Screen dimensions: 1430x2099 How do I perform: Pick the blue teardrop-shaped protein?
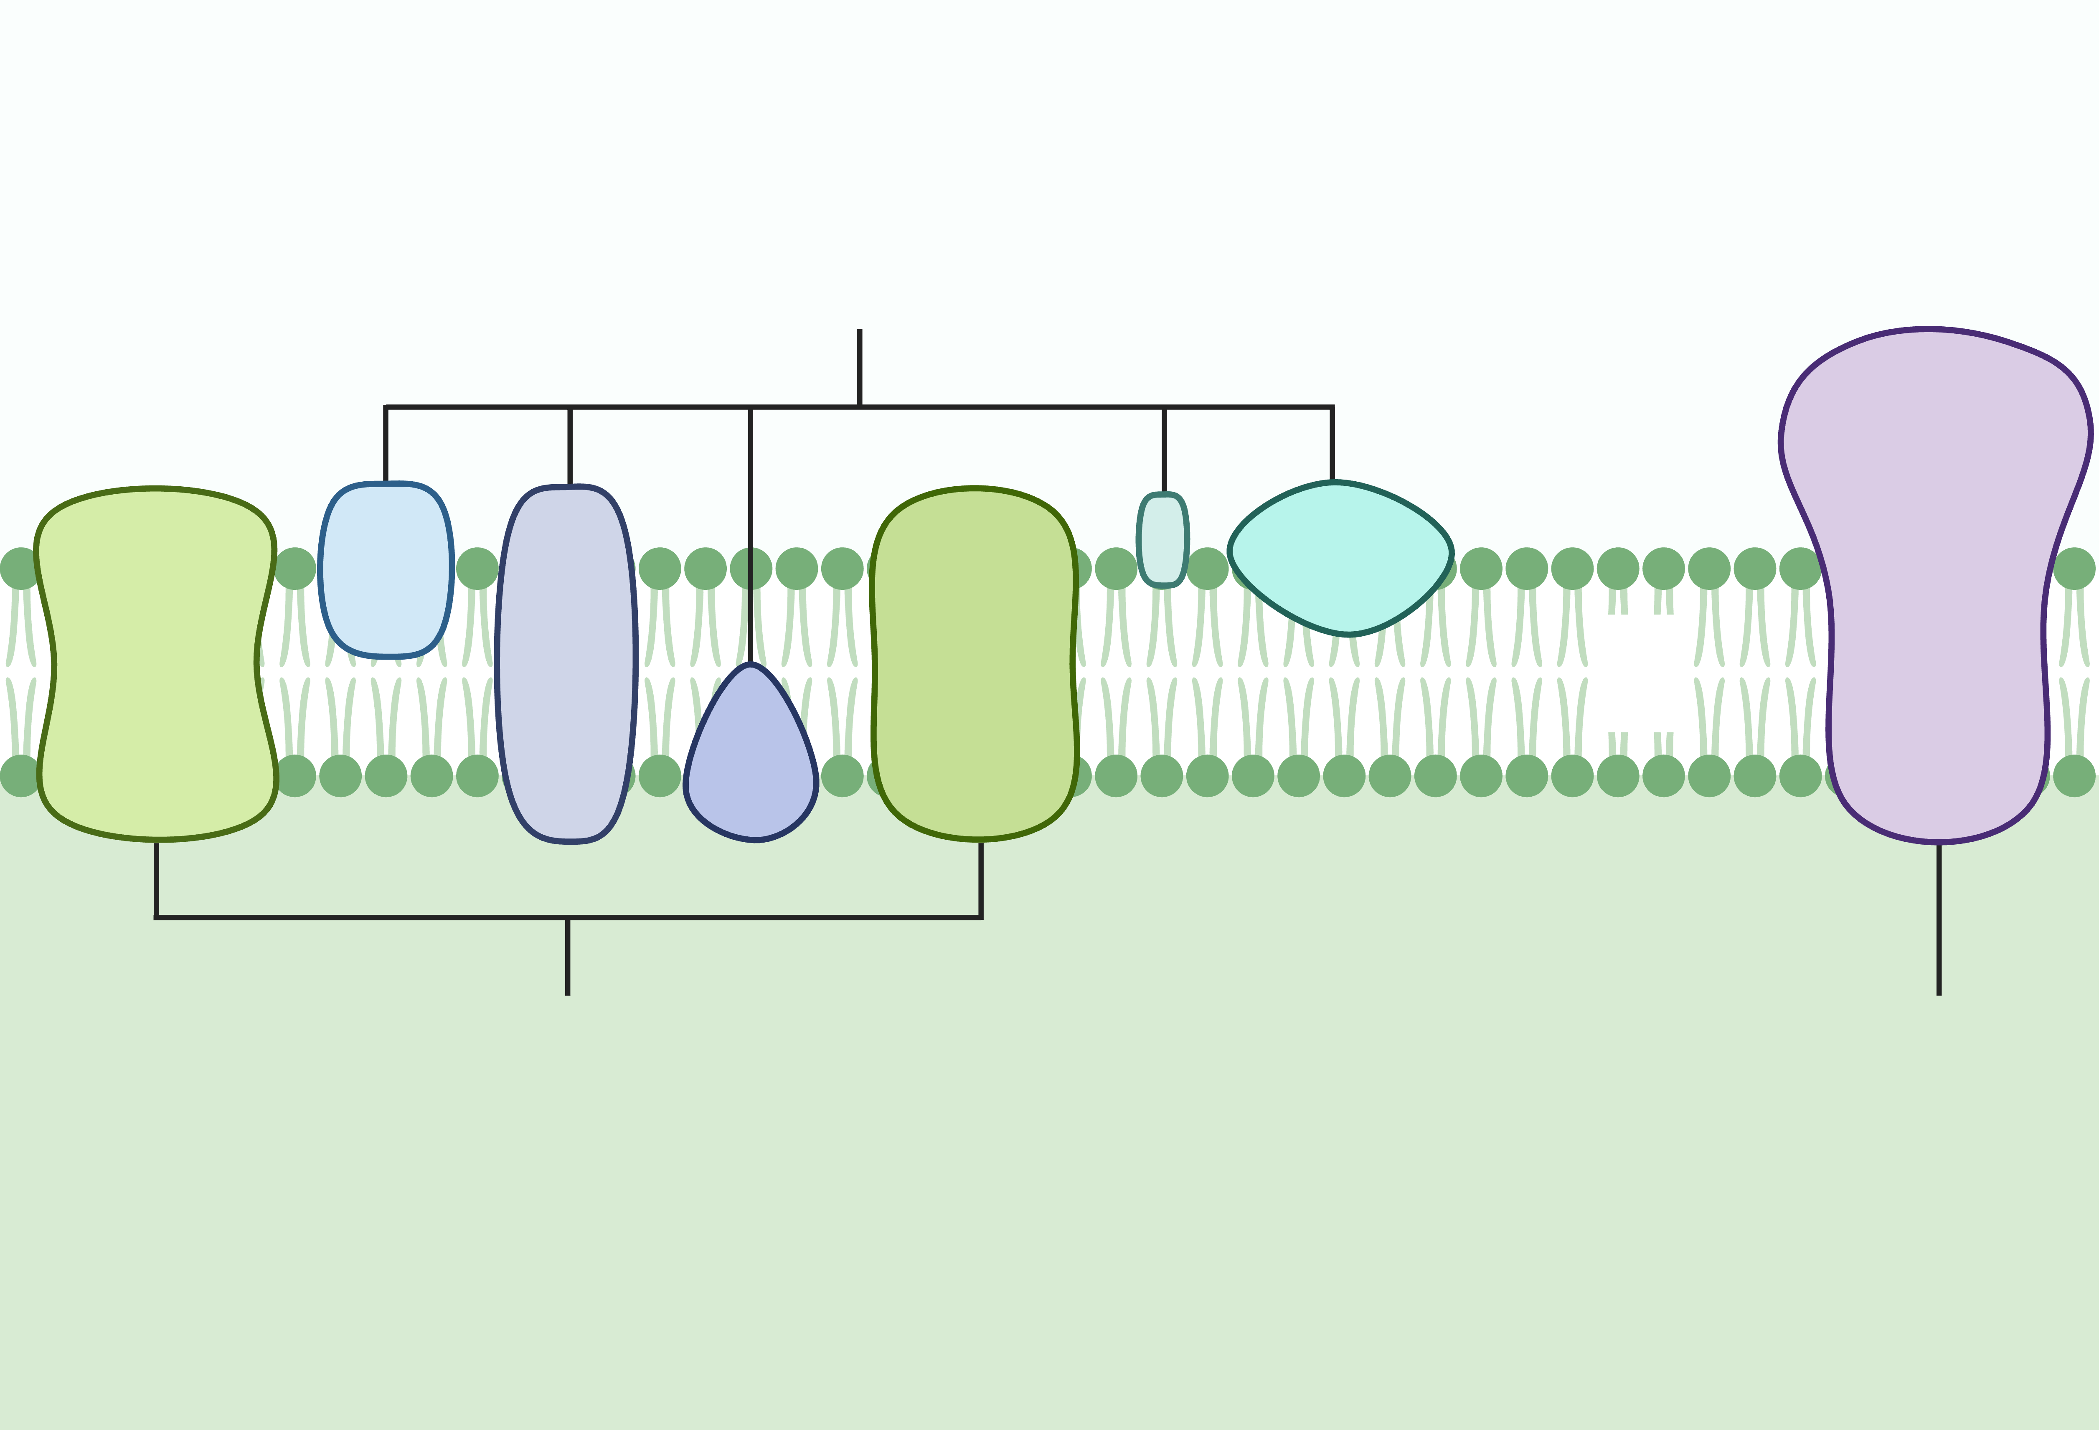(751, 768)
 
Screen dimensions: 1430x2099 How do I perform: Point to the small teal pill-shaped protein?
(1162, 540)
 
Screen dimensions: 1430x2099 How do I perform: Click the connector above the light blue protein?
(386, 444)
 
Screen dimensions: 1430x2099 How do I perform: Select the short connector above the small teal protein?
(1164, 450)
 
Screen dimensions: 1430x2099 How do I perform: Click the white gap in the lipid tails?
(1639, 673)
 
